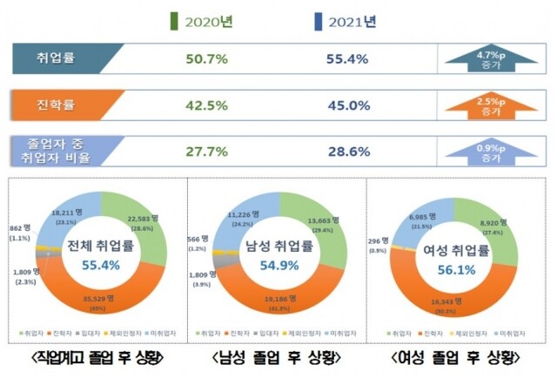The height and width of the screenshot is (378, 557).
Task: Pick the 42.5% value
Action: coord(207,106)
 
